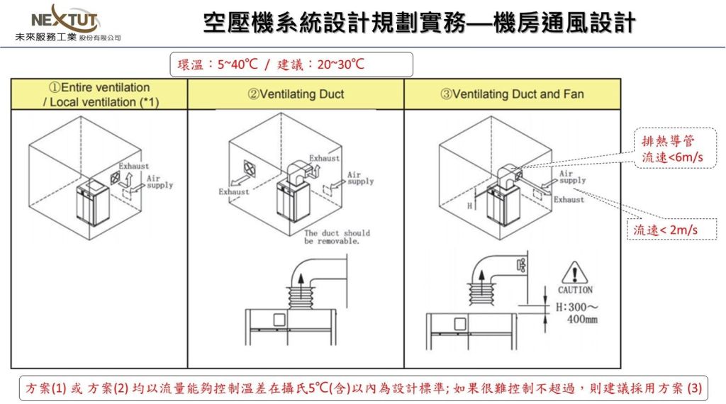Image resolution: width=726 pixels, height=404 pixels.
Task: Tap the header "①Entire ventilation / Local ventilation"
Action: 99,94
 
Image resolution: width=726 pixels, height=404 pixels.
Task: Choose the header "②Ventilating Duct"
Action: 296,94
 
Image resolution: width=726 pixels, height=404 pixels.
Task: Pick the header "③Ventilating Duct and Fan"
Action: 513,94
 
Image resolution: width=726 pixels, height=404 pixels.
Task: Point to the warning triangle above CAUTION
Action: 574,272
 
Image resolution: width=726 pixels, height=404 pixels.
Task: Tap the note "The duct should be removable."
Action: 337,237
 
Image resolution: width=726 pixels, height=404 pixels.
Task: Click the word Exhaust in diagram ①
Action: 133,166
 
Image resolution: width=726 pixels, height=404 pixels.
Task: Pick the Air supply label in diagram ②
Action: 360,178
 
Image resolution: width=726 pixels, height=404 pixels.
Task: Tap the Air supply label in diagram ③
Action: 573,176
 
